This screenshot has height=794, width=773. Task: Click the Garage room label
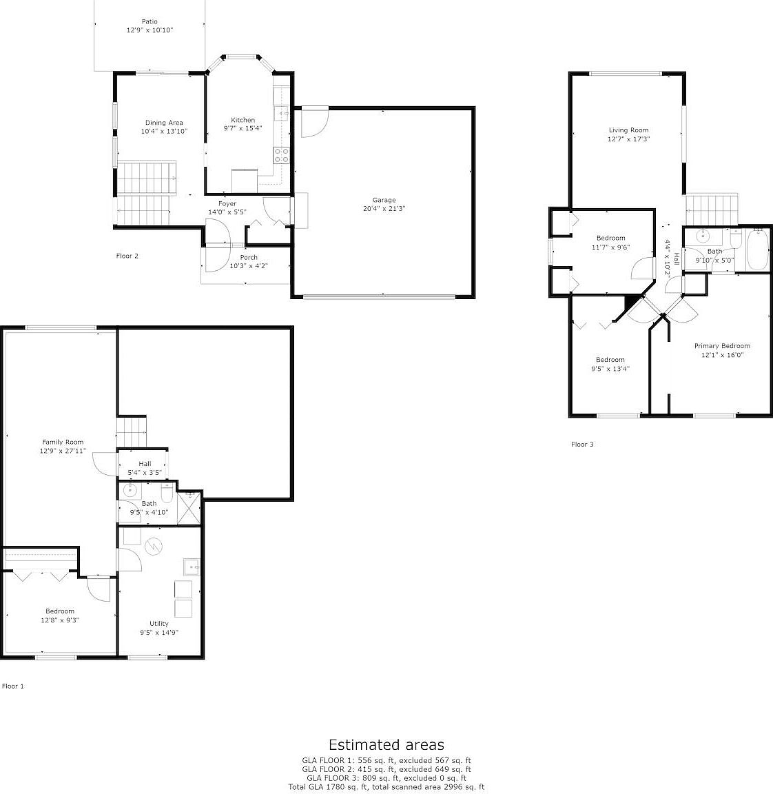(384, 200)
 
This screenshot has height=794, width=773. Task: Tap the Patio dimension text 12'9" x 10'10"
(150, 30)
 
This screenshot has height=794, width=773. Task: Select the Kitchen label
(243, 120)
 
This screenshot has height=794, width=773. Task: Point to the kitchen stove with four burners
(281, 155)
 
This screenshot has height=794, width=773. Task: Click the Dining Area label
(164, 123)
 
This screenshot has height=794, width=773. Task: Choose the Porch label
(249, 257)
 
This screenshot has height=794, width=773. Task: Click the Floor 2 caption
(127, 256)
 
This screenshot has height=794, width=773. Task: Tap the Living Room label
(628, 130)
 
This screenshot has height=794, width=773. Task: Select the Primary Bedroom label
(721, 346)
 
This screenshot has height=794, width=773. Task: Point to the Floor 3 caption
(582, 444)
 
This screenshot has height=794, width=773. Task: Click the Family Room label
(63, 442)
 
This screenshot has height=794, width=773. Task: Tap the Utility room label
(159, 623)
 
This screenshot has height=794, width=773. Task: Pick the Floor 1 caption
(13, 686)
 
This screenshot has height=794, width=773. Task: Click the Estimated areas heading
(386, 744)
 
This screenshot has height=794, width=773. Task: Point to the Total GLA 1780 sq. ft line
(386, 786)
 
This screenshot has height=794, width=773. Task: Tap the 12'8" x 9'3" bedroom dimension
(60, 620)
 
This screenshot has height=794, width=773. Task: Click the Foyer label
(227, 203)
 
